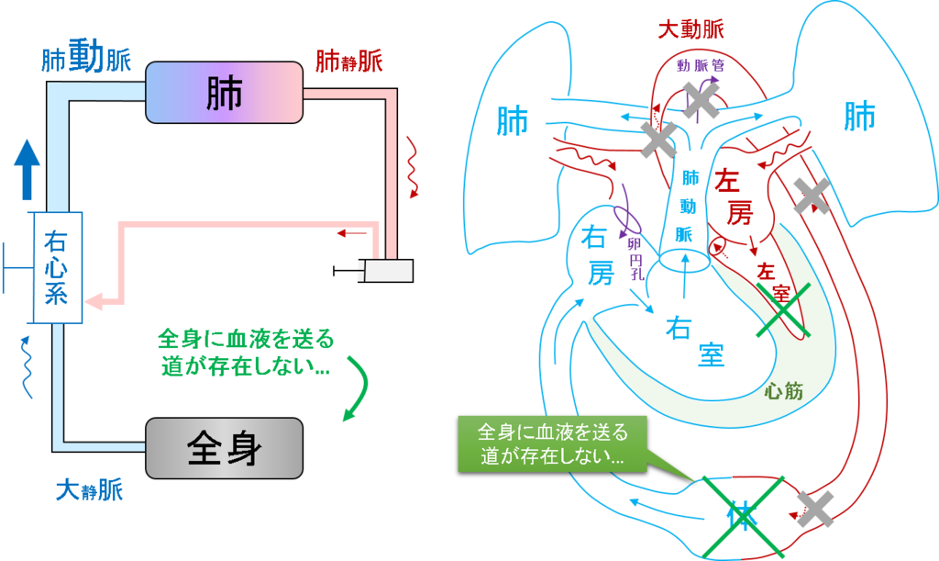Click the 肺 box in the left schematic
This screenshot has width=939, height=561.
(224, 93)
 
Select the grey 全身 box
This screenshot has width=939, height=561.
(224, 448)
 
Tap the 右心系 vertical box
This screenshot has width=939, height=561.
(57, 267)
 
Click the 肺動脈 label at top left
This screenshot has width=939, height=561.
(86, 57)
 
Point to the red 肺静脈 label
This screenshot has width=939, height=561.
(348, 62)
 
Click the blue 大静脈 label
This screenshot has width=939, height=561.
(89, 489)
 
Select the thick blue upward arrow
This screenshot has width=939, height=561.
(27, 170)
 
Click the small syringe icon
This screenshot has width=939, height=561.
(374, 271)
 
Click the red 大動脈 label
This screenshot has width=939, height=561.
(690, 28)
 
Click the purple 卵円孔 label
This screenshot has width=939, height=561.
(636, 259)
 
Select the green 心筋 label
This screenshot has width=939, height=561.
(783, 391)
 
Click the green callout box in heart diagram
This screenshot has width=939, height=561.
(552, 444)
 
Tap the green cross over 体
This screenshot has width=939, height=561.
(743, 517)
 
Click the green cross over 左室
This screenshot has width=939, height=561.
(783, 310)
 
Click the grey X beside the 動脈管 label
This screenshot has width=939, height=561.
(700, 99)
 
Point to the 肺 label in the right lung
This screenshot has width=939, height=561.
(859, 117)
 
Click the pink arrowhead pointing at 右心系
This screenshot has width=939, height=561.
(94, 301)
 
